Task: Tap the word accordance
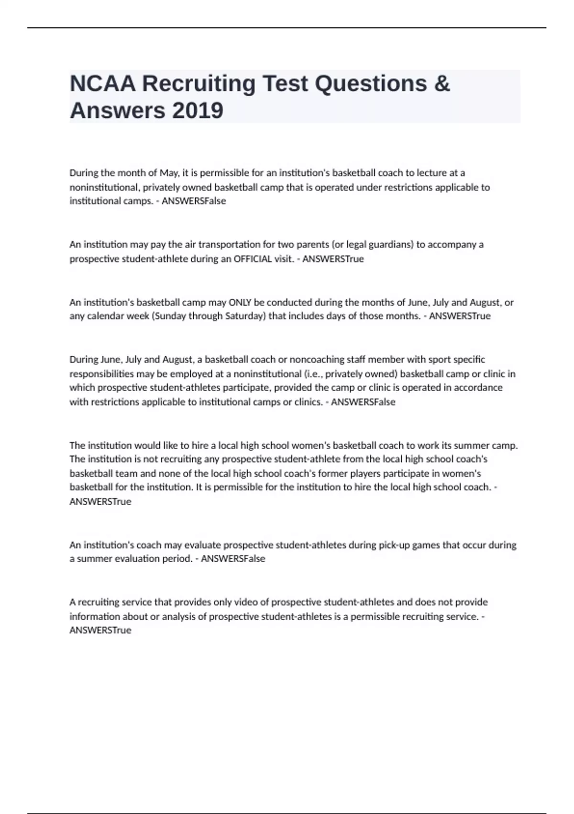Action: pyautogui.click(x=477, y=387)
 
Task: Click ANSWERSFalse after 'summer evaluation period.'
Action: pyautogui.click(x=233, y=559)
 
